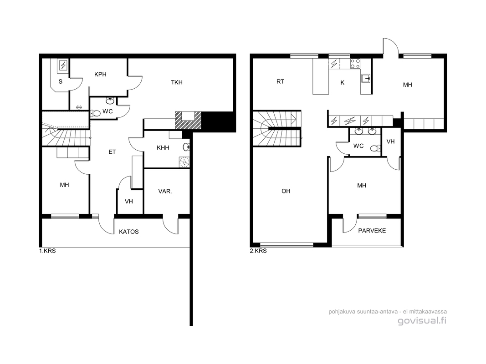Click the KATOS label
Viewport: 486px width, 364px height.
[128, 232]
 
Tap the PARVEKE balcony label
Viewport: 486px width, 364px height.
[372, 231]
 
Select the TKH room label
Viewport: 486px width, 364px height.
[177, 82]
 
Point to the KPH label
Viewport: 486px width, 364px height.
[100, 74]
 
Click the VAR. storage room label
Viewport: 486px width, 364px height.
[165, 192]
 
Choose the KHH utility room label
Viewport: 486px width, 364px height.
[163, 147]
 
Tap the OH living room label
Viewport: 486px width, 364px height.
[286, 191]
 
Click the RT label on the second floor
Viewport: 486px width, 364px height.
[280, 82]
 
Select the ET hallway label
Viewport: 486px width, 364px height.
[112, 152]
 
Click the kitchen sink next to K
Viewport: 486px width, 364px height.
[366, 79]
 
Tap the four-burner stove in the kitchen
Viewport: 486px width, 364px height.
[355, 64]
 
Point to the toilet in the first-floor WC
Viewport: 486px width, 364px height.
[96, 113]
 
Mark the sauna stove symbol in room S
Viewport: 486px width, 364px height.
[63, 66]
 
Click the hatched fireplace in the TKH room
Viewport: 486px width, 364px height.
[188, 120]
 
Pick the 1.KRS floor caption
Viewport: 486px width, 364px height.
[47, 251]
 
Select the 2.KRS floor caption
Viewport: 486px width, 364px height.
[258, 251]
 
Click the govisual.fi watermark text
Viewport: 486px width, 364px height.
[422, 321]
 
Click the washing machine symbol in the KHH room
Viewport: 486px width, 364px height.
[184, 162]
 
